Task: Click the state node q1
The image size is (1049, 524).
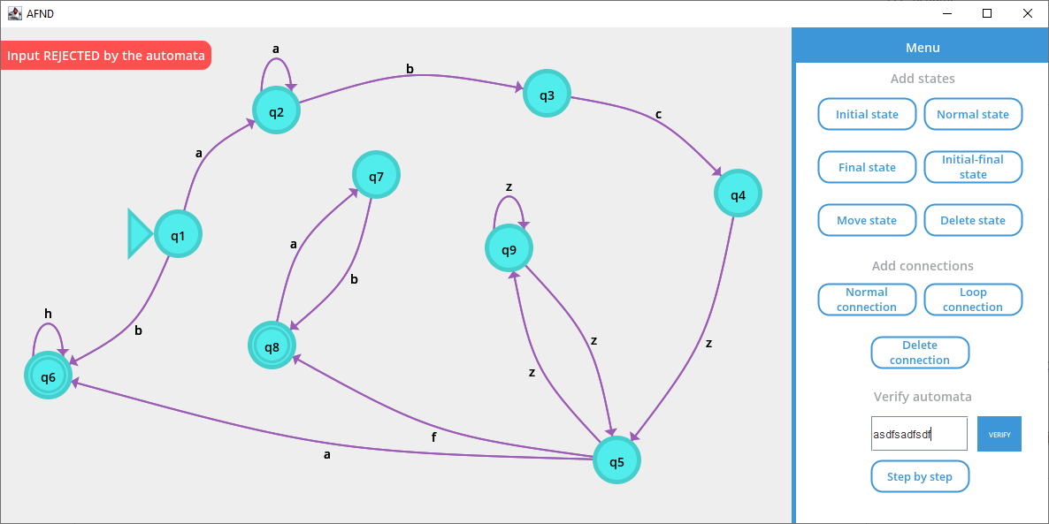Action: coord(178,234)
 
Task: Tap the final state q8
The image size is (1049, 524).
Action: coord(272,346)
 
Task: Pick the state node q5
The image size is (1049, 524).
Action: coord(616,460)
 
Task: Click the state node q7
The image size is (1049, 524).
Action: coord(376,175)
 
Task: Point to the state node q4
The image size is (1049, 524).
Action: coord(738,194)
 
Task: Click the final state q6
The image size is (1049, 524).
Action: coord(48,376)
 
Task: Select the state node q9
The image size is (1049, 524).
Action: coord(509,248)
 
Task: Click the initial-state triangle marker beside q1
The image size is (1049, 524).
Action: coord(140,234)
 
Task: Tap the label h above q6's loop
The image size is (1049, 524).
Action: coord(48,314)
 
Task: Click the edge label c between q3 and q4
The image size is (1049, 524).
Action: coord(658,114)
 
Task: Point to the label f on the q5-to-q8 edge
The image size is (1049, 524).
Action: coord(433,437)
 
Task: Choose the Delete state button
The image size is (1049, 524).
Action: coord(973,220)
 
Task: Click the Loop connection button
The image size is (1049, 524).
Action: coord(973,300)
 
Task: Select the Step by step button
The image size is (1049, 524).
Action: coord(920,476)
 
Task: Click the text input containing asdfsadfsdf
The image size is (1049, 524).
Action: coord(919,434)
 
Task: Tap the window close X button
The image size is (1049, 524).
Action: coord(1027,13)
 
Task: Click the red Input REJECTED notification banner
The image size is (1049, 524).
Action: coord(106,55)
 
